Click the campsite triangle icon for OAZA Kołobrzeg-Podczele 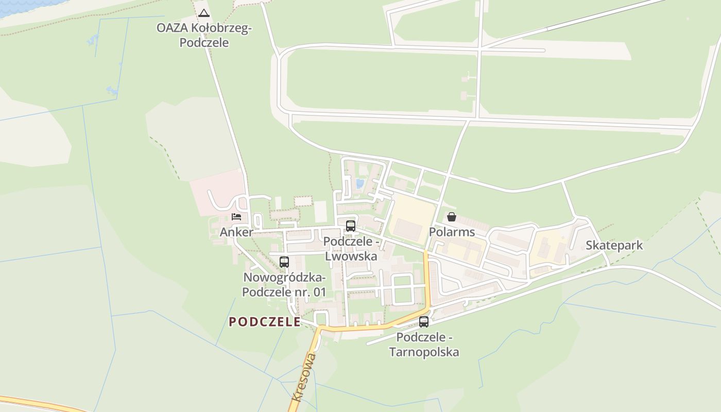pyautogui.click(x=204, y=13)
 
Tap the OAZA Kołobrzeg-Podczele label pyautogui.click(x=204, y=36)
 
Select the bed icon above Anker pyautogui.click(x=236, y=216)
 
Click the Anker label pyautogui.click(x=236, y=232)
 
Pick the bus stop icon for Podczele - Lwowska pyautogui.click(x=351, y=226)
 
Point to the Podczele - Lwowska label pyautogui.click(x=351, y=249)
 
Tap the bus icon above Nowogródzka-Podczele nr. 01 pyautogui.click(x=284, y=262)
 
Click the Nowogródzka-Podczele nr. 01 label pyautogui.click(x=284, y=285)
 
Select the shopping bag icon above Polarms pyautogui.click(x=452, y=217)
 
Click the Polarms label pyautogui.click(x=452, y=232)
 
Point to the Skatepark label pyautogui.click(x=614, y=245)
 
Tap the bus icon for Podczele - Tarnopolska pyautogui.click(x=424, y=322)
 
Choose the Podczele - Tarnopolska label pyautogui.click(x=424, y=345)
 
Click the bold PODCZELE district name pyautogui.click(x=265, y=322)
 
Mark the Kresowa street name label pyautogui.click(x=304, y=377)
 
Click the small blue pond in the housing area pyautogui.click(x=359, y=183)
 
